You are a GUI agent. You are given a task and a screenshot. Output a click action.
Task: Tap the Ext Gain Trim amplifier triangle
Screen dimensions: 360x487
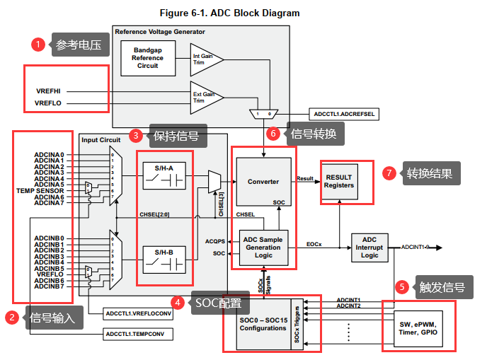click(x=205, y=95)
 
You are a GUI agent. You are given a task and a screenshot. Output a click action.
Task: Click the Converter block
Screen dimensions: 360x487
click(x=263, y=182)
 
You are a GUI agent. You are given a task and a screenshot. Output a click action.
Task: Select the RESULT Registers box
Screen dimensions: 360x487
click(x=338, y=181)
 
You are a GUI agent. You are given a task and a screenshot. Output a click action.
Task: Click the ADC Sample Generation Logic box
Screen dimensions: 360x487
click(x=263, y=248)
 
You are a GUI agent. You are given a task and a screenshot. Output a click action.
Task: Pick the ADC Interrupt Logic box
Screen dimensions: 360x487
click(x=369, y=248)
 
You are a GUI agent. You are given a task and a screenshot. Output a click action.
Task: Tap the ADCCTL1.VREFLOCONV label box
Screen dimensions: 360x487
click(x=139, y=313)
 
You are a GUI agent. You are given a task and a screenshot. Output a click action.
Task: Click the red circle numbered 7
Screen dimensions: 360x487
click(x=388, y=173)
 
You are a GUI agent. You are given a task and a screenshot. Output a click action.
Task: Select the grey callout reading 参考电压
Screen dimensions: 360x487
click(x=79, y=46)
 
